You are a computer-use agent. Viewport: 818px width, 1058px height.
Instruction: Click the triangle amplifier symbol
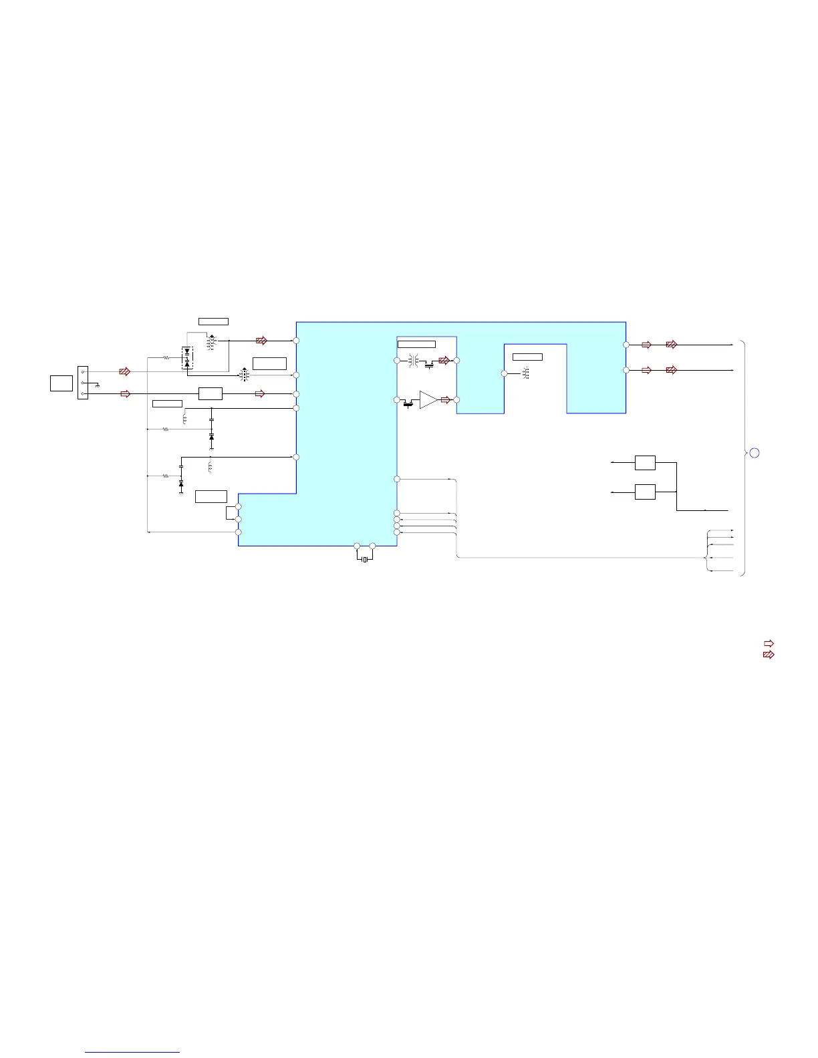(x=428, y=399)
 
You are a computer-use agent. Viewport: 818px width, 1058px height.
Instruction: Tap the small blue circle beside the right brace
(x=754, y=453)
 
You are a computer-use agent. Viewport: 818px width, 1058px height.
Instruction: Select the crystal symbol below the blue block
(x=364, y=559)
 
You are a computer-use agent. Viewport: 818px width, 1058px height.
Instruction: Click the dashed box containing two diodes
(x=187, y=358)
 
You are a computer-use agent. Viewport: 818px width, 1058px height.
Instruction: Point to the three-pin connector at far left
(x=83, y=383)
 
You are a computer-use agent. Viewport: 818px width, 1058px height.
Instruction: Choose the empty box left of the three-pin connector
(x=61, y=383)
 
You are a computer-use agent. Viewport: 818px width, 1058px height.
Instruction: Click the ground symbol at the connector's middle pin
(x=98, y=386)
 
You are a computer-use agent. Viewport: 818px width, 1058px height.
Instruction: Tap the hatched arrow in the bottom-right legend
(x=769, y=655)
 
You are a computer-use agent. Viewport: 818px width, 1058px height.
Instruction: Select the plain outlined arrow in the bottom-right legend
(x=769, y=644)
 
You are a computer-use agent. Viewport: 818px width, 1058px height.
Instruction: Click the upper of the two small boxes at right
(x=645, y=462)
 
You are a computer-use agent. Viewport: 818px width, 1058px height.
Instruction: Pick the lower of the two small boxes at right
(x=645, y=492)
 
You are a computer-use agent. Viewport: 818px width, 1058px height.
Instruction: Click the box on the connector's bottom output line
(x=210, y=393)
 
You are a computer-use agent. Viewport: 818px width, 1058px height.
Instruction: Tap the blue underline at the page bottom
(x=133, y=1052)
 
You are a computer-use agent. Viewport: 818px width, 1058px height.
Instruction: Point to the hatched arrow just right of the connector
(x=124, y=371)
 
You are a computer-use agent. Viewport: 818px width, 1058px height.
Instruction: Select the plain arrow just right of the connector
(x=125, y=394)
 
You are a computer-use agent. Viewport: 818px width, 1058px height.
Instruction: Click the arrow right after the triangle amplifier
(x=446, y=400)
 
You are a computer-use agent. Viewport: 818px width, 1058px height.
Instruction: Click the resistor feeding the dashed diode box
(x=166, y=358)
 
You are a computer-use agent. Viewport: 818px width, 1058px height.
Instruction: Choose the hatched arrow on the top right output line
(x=672, y=345)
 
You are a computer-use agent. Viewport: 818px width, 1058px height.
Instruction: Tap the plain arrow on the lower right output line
(x=646, y=370)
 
